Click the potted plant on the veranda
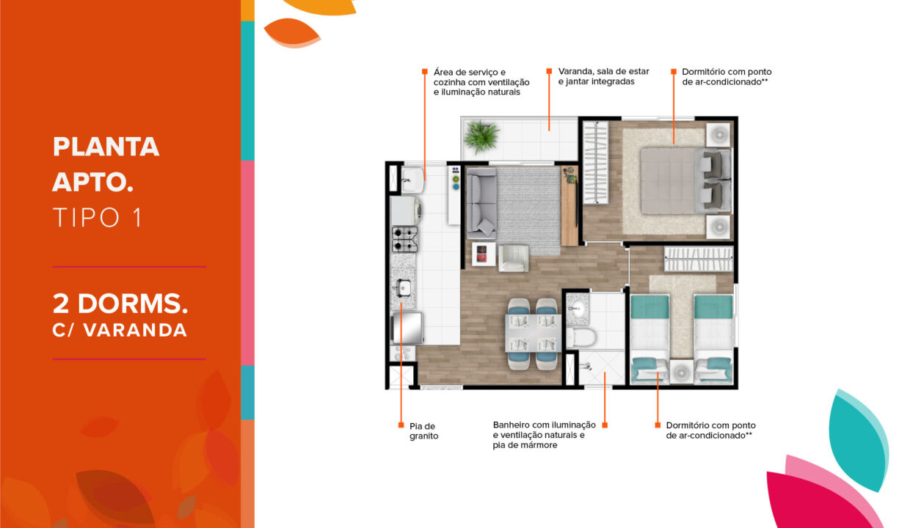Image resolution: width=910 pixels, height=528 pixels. point(481,136)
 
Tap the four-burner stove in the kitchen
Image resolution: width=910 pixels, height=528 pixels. point(404,239)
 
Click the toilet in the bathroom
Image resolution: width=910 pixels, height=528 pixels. point(580,338)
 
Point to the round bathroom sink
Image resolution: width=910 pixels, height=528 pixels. point(578,308)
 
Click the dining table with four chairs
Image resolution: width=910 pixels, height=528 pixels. point(532,333)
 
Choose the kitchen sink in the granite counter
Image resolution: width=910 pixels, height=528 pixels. point(404,287)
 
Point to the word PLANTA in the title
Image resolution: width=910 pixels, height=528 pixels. point(106,147)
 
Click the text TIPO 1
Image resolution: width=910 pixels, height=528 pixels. point(97,217)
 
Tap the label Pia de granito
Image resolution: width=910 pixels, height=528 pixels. point(423,430)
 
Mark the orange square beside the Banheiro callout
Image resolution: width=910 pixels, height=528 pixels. point(605,425)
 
